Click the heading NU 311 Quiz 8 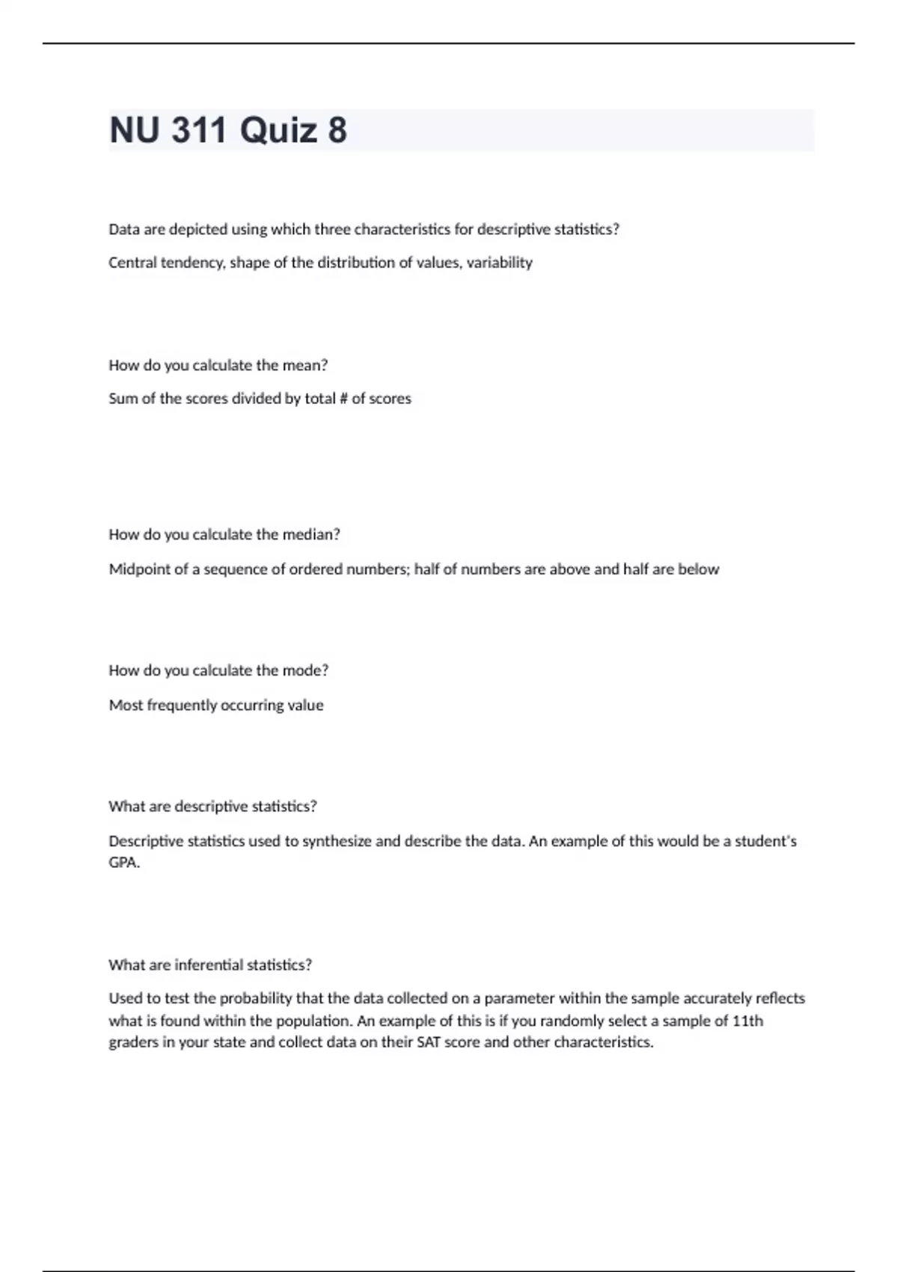pos(228,130)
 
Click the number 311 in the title pos(199,130)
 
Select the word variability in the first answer pos(499,263)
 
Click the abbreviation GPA pos(123,863)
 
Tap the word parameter pos(519,998)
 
